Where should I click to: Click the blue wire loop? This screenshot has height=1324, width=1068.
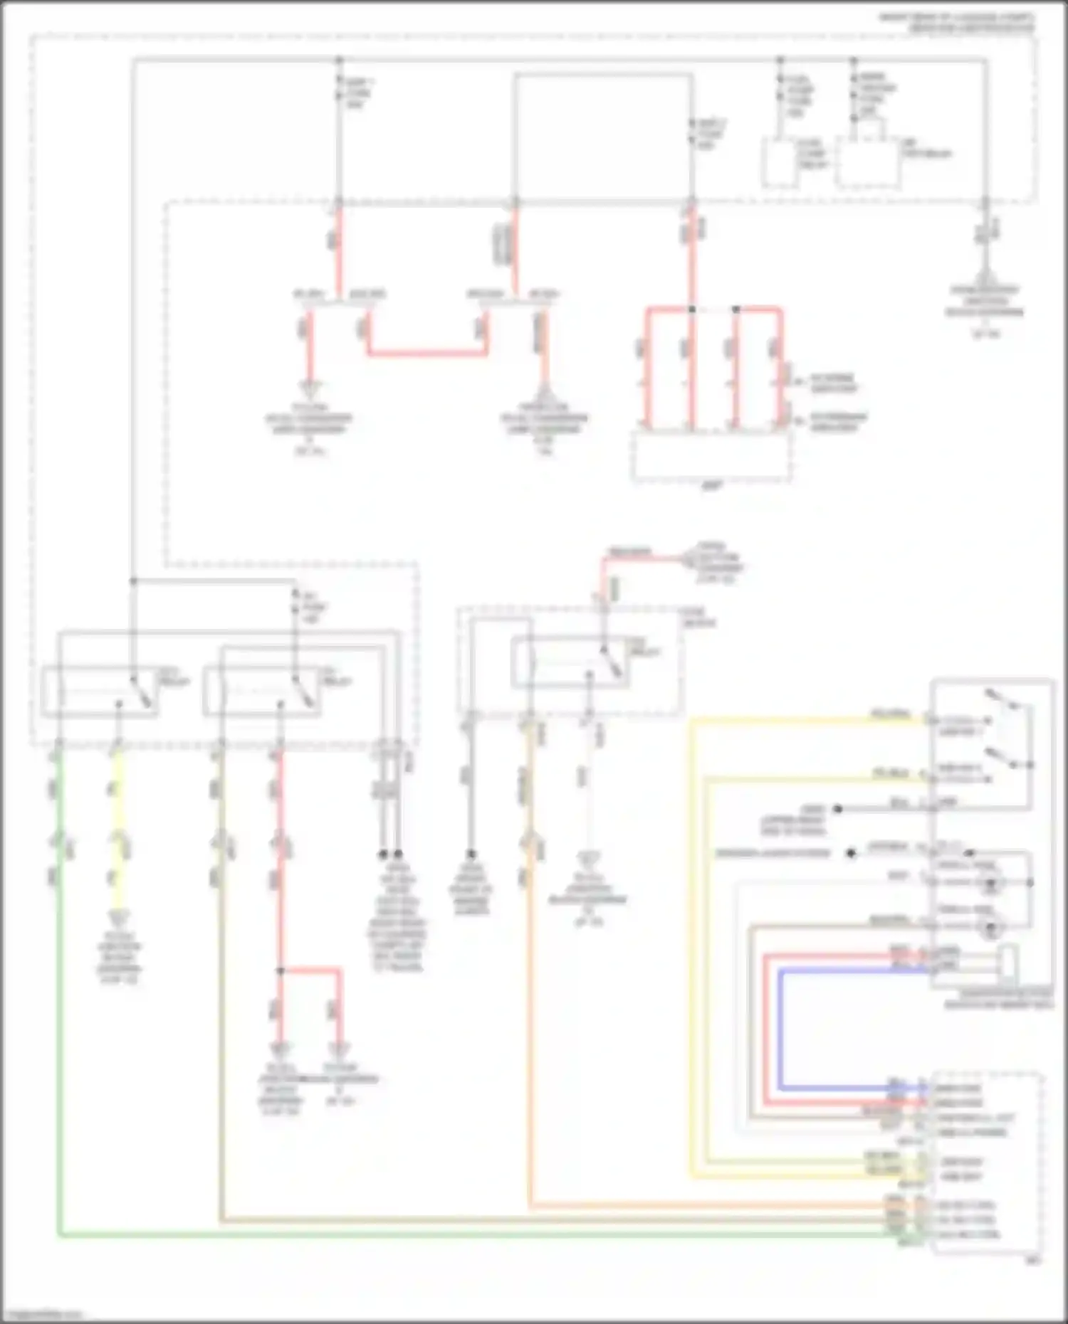pos(781,1032)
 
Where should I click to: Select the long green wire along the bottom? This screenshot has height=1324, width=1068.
pos(427,1236)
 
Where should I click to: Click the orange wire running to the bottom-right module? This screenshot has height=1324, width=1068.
pos(530,996)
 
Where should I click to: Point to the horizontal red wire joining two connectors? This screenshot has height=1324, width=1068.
pos(427,353)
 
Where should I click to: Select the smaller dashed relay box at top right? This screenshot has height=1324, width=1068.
pos(780,163)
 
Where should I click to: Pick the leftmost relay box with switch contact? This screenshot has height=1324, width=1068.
pos(99,691)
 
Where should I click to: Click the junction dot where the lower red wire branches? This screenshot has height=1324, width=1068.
pos(281,970)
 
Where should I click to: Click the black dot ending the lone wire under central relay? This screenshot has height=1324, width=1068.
pos(471,854)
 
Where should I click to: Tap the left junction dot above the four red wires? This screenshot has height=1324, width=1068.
pos(691,310)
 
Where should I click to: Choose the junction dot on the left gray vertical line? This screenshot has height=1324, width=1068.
pos(132,581)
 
